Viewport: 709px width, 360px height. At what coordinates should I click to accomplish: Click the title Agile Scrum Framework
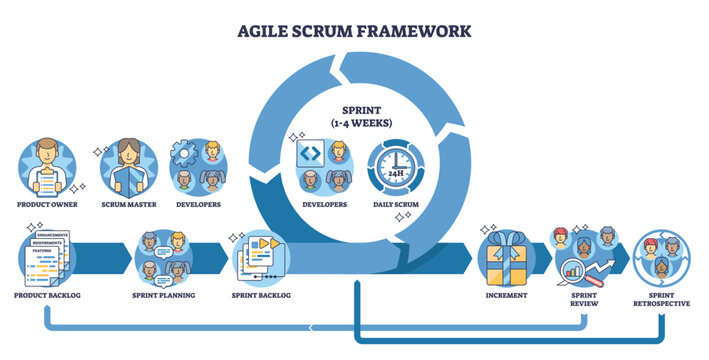coord(354,30)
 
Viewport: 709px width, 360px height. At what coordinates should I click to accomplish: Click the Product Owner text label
coord(46,205)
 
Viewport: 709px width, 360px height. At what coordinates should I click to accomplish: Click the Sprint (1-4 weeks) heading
coord(354,116)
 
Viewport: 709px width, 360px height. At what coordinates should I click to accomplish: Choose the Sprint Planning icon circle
coord(162,258)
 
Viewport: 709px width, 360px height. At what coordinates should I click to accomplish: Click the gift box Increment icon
coord(507,258)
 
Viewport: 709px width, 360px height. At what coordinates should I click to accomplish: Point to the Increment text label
coord(507,297)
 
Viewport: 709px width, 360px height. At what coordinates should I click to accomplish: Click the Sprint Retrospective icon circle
coord(661,258)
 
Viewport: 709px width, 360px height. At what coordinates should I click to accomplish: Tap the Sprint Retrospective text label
coord(661,303)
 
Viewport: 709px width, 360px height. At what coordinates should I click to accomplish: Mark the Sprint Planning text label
coord(162,297)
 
